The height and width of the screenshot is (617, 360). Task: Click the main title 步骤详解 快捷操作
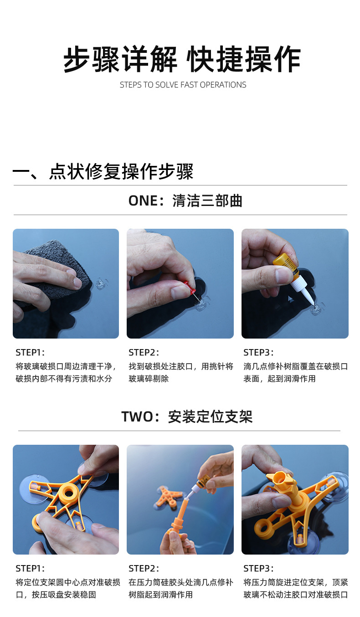182,59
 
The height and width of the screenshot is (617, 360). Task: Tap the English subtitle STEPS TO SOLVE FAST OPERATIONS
183,85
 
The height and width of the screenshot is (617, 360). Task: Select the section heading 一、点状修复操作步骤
103,171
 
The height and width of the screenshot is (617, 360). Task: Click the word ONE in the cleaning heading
143,201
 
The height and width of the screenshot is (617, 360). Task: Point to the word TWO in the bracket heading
137,416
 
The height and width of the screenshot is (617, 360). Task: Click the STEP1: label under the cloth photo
30,352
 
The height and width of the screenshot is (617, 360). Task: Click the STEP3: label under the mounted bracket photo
258,568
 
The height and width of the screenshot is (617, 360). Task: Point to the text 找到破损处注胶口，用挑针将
181,366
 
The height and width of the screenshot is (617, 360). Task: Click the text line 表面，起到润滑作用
280,379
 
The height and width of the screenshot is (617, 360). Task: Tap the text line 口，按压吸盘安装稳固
56,595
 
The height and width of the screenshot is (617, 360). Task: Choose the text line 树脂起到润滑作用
160,595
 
